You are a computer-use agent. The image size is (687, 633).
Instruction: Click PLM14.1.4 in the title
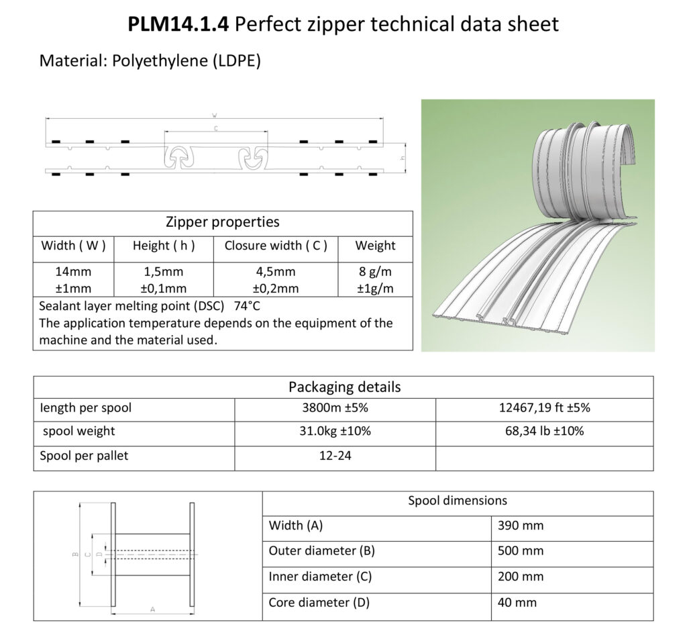pos(178,24)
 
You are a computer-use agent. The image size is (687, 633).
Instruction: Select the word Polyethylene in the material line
pos(160,60)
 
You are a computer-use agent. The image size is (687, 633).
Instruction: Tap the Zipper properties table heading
pos(223,222)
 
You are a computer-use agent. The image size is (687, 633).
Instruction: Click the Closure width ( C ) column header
pos(276,246)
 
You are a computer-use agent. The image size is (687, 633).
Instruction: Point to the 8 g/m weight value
pos(375,272)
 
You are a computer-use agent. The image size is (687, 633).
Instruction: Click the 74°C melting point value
pos(247,305)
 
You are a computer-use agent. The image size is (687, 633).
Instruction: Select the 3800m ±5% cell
pos(335,407)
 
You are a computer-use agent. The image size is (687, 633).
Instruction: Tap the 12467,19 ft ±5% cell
pos(545,407)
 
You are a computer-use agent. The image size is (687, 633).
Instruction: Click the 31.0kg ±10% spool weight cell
pos(335,431)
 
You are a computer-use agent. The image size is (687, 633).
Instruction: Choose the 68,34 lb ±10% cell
pos(545,431)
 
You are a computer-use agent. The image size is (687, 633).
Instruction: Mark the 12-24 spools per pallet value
pos(335,456)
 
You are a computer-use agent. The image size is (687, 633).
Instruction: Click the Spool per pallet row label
pos(84,456)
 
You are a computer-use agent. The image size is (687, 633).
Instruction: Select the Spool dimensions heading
pos(458,501)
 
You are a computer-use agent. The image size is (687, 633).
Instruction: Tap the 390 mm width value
pos(521,526)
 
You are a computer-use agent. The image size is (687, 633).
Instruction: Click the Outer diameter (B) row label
pos(321,551)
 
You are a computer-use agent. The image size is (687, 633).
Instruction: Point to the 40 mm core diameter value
pos(517,603)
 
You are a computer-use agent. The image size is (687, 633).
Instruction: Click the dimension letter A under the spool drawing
pos(152,610)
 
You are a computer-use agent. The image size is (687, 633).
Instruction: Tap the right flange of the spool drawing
pos(192,554)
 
